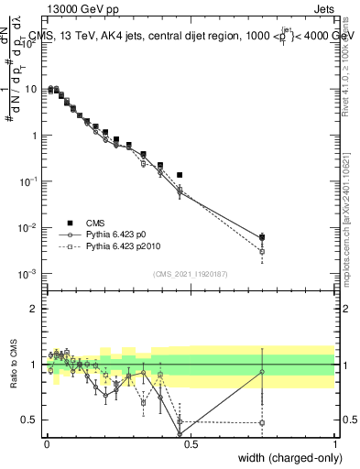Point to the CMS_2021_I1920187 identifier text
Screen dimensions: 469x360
point(190,273)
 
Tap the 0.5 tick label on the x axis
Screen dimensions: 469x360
point(191,442)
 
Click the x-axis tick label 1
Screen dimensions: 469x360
point(335,442)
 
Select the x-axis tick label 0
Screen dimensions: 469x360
point(47,442)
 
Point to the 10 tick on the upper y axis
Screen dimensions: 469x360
point(33,89)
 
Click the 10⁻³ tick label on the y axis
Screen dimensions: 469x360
point(30,274)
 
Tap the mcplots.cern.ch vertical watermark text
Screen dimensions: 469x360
point(346,220)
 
